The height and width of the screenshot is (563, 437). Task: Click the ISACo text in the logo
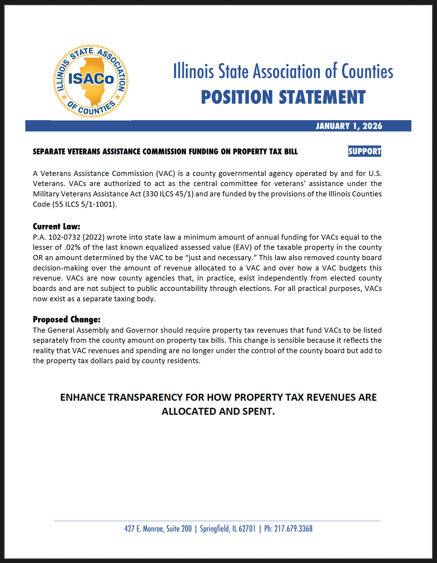pos(91,79)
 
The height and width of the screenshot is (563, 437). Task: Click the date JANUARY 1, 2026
pos(349,126)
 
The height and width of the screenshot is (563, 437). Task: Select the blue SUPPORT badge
pos(365,151)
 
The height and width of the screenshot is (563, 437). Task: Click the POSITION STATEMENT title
pos(283,97)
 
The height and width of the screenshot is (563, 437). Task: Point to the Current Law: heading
pos(56,226)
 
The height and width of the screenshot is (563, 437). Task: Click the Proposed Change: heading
pos(66,319)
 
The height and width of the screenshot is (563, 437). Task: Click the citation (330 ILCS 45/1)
pos(168,194)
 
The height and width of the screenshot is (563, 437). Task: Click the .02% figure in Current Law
pos(72,247)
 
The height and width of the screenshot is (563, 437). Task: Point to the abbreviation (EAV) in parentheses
pos(242,247)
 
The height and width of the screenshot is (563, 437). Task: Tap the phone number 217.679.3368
pos(293,529)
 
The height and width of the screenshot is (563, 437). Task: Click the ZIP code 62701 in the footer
pos(247,529)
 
